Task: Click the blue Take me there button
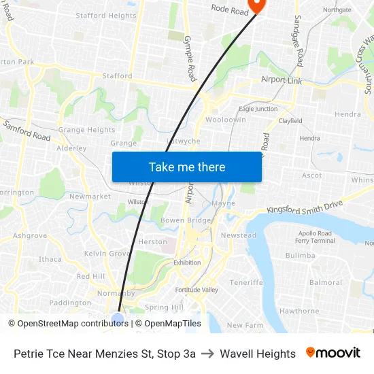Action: (x=187, y=167)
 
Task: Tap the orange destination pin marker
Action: (x=256, y=5)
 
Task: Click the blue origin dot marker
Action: (x=117, y=318)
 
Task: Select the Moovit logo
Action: (x=333, y=353)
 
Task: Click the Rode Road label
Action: (x=230, y=9)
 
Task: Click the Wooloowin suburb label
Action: (x=226, y=120)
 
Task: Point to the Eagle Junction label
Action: (x=258, y=109)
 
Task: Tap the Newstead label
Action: (x=239, y=235)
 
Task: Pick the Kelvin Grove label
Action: (x=107, y=254)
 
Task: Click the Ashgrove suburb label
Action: (x=29, y=236)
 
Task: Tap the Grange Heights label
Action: (x=87, y=130)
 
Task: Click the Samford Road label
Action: (x=27, y=131)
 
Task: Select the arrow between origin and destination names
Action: (x=207, y=354)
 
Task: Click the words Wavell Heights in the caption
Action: (x=258, y=354)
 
